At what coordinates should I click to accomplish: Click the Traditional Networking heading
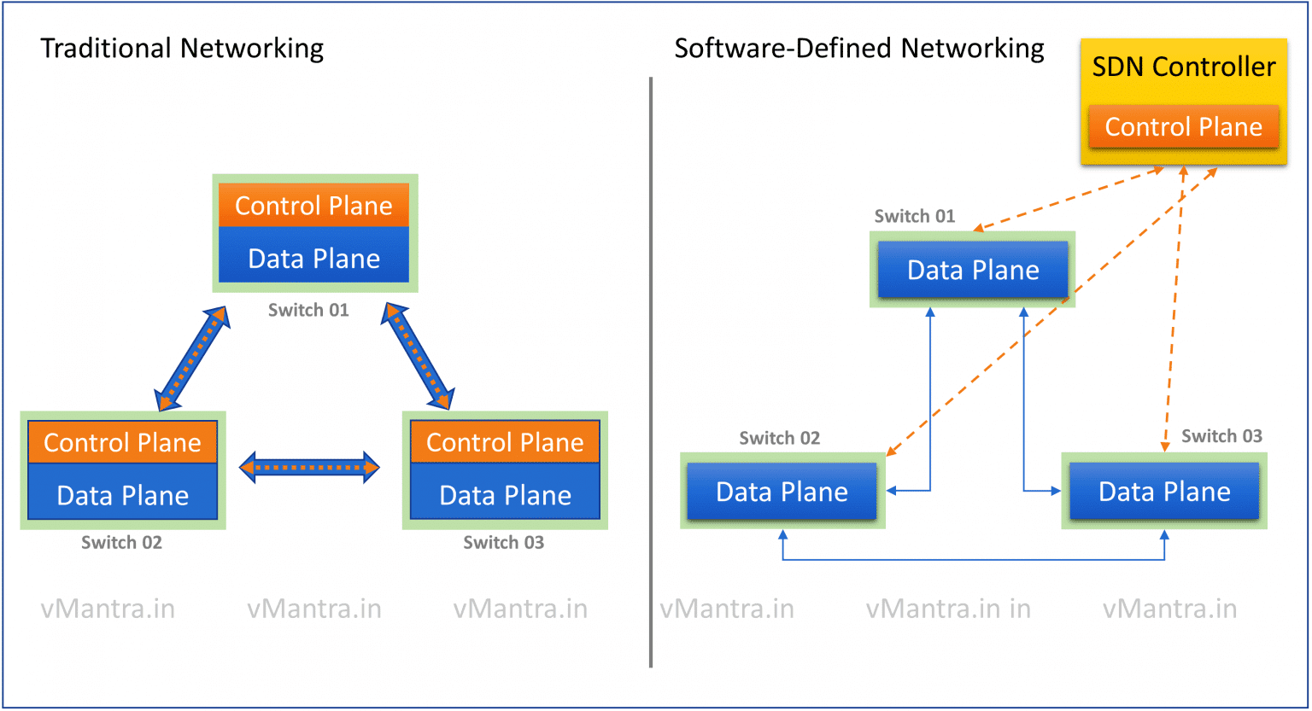click(x=182, y=49)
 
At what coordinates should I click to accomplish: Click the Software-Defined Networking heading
click(x=859, y=49)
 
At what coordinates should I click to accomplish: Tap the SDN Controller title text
click(x=1184, y=67)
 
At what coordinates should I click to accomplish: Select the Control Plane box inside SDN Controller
click(x=1184, y=127)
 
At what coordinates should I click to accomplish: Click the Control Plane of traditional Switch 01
click(x=313, y=206)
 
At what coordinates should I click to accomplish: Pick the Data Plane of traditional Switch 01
click(x=313, y=258)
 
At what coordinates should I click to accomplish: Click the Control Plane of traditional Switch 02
click(x=122, y=442)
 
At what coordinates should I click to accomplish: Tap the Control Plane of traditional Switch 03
click(x=505, y=442)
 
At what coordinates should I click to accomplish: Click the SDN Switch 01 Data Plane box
click(x=973, y=271)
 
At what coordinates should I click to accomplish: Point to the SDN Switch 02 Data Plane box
click(x=782, y=492)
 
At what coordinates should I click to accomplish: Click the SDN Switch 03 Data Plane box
click(x=1164, y=492)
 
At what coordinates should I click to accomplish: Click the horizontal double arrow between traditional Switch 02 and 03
click(x=309, y=467)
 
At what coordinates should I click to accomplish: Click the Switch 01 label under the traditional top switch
click(x=308, y=310)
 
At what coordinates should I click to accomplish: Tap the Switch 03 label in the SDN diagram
click(x=1221, y=436)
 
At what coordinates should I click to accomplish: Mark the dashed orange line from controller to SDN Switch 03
click(x=1174, y=307)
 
